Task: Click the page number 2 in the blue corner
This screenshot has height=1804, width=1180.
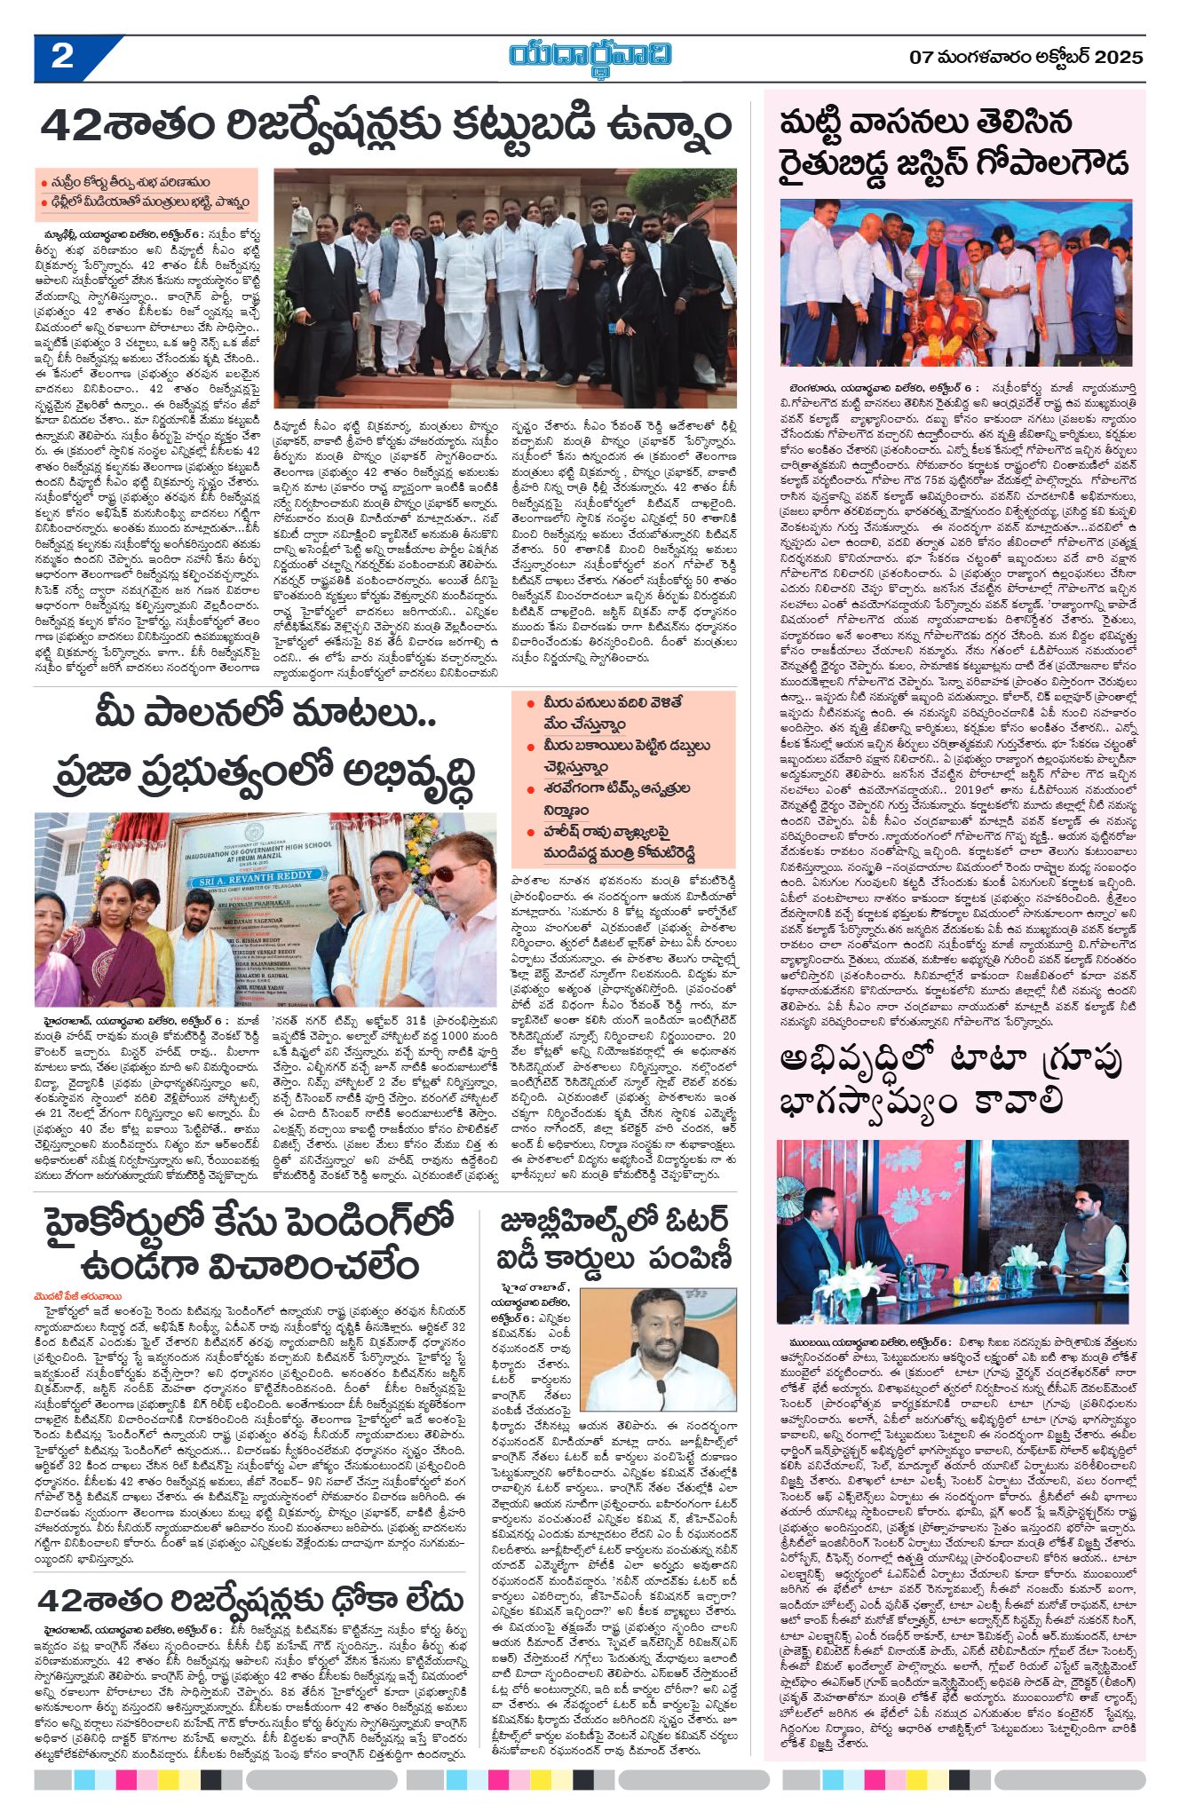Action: (x=62, y=58)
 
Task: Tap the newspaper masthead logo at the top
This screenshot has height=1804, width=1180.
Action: (x=590, y=55)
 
